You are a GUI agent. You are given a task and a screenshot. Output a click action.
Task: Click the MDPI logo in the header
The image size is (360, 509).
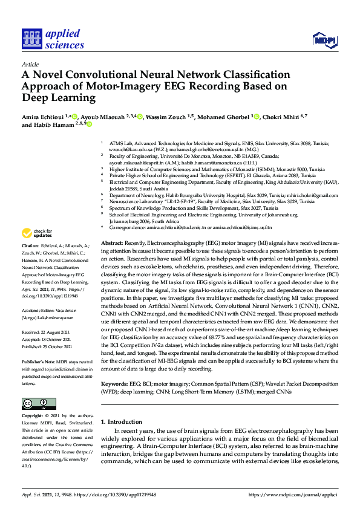(x=324, y=41)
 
